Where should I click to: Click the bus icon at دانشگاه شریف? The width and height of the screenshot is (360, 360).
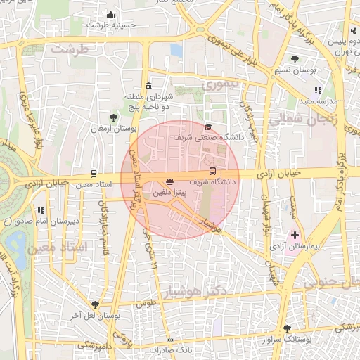[x=212, y=172]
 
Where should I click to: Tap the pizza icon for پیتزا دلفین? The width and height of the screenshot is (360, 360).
[x=169, y=181]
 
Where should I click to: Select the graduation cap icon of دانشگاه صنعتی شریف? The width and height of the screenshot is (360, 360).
[x=207, y=127]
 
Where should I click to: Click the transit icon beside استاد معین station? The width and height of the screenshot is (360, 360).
[x=94, y=173]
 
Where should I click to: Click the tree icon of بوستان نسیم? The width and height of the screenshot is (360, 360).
[x=294, y=59]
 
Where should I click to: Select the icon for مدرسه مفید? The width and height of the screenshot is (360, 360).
[x=318, y=90]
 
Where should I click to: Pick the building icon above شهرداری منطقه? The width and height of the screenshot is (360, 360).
[x=148, y=85]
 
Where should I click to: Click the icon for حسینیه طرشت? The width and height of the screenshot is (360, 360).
[x=110, y=14]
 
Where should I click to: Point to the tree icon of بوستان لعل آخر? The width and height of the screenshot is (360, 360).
[x=95, y=304]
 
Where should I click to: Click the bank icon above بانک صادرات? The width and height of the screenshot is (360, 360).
[x=170, y=340]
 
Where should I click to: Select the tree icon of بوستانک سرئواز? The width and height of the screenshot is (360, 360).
[x=286, y=328]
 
